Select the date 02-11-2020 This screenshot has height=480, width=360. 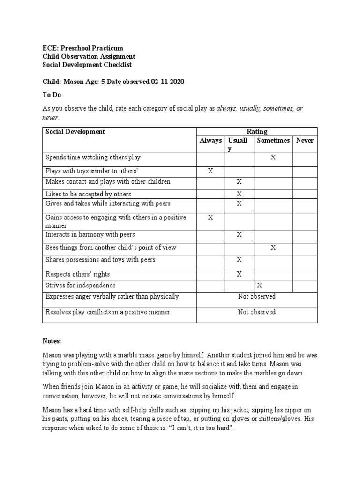tap(167, 82)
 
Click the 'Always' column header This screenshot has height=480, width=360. tap(210, 140)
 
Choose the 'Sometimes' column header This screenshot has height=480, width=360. tap(273, 140)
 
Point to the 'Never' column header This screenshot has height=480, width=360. tap(305, 140)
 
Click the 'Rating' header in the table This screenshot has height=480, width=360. tap(256, 132)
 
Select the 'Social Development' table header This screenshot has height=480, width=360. tap(75, 132)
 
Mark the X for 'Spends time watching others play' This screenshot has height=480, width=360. tap(273, 158)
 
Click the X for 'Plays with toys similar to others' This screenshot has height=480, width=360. tap(210, 172)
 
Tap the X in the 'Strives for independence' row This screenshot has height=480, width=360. tap(259, 285)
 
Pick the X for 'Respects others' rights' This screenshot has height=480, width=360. tap(239, 274)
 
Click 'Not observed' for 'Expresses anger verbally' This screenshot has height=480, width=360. tap(256, 296)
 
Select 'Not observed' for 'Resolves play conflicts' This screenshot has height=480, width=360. tap(256, 312)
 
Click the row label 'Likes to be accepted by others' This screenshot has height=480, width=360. tap(88, 194)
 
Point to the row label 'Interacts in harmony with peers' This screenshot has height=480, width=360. tap(90, 234)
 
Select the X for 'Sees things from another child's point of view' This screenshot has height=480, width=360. tap(273, 247)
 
